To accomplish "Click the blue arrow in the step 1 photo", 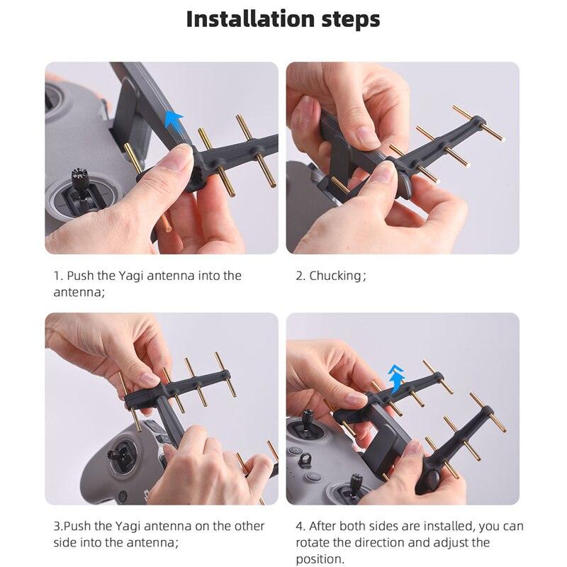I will click(x=173, y=119).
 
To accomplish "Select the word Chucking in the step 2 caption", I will click(x=335, y=276).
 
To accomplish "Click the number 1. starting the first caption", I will click(x=58, y=276).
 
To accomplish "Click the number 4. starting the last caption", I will click(x=301, y=526).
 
